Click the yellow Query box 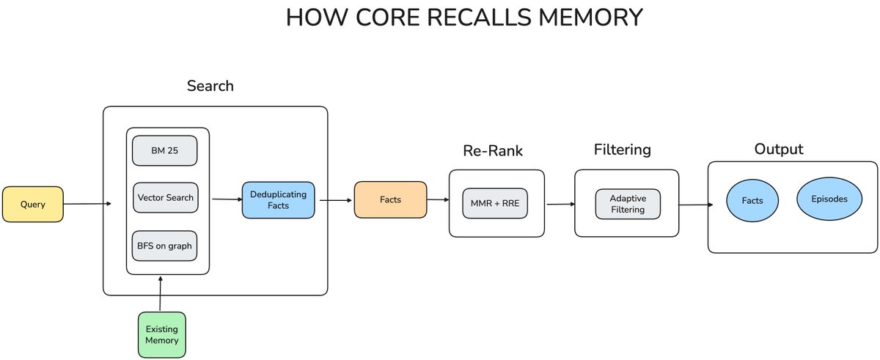(32, 205)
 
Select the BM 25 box (165, 150)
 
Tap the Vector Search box (165, 197)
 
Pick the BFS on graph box (165, 246)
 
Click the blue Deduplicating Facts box (279, 199)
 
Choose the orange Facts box (390, 199)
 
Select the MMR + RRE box (495, 203)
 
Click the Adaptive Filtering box (627, 204)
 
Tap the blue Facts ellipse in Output (752, 200)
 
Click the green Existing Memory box (161, 334)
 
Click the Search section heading (210, 86)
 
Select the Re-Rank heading (493, 151)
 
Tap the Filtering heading (622, 150)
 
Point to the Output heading (779, 149)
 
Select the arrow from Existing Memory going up (161, 293)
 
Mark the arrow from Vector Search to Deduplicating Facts (227, 199)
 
